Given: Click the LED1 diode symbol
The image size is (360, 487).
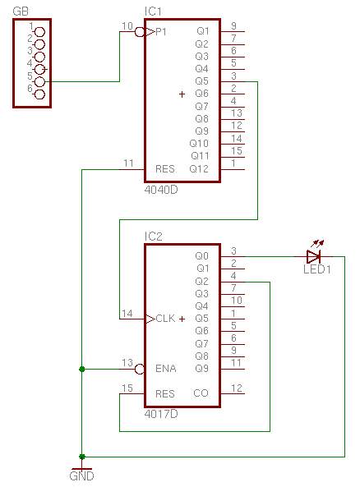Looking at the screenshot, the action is [x=313, y=256].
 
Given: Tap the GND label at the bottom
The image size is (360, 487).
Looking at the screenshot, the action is [x=81, y=476].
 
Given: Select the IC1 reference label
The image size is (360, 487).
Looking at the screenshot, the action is [x=153, y=11].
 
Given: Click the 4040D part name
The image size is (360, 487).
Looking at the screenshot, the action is [x=161, y=190].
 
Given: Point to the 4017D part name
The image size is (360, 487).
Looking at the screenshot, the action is [x=161, y=414].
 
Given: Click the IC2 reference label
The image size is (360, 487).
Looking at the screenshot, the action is [x=153, y=237].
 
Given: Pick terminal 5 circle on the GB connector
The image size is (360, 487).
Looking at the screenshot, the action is [x=39, y=81].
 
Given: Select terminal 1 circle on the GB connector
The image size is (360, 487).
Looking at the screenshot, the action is [x=39, y=32].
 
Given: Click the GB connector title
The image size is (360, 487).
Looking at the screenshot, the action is [x=21, y=11].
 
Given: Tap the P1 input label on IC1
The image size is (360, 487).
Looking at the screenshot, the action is [x=161, y=32].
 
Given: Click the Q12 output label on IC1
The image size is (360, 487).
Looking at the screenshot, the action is [x=199, y=169].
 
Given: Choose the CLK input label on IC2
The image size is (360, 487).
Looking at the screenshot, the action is [x=165, y=319].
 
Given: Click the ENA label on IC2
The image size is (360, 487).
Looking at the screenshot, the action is [x=166, y=369].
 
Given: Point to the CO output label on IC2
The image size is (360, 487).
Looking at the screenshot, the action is [x=201, y=393].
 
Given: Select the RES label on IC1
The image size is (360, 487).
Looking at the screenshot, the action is [x=164, y=169].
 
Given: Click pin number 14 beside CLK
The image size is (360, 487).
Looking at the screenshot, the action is [x=127, y=314].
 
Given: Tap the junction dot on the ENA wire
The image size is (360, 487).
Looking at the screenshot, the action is [x=81, y=369].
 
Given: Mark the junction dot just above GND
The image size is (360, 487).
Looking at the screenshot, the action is [x=81, y=457].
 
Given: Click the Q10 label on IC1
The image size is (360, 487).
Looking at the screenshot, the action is [x=199, y=144].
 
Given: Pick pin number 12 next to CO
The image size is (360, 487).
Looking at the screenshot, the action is [x=236, y=388].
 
